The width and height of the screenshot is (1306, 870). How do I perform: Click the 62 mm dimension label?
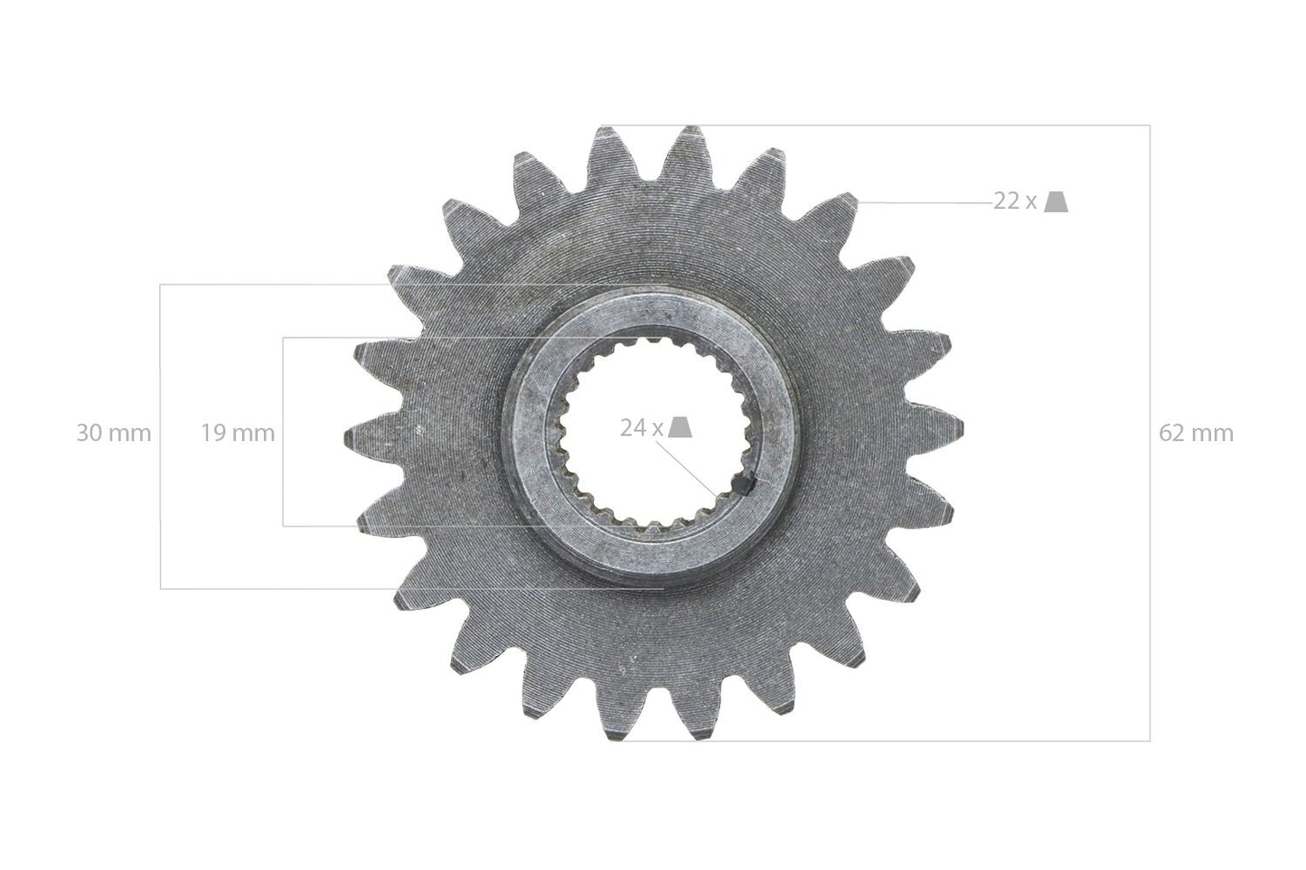(1196, 434)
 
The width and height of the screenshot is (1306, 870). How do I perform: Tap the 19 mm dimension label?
(238, 434)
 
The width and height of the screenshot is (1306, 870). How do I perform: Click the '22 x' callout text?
(1015, 201)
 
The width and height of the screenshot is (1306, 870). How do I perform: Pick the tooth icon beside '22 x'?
(1056, 201)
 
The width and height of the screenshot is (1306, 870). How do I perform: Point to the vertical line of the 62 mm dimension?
(1150, 542)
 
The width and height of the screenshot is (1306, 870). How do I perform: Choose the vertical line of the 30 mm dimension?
(161, 506)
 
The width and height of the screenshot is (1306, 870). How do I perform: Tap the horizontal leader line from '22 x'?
(931, 203)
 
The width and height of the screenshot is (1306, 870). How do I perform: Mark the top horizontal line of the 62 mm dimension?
(904, 125)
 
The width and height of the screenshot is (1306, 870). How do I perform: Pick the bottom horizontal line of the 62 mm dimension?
(904, 741)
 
